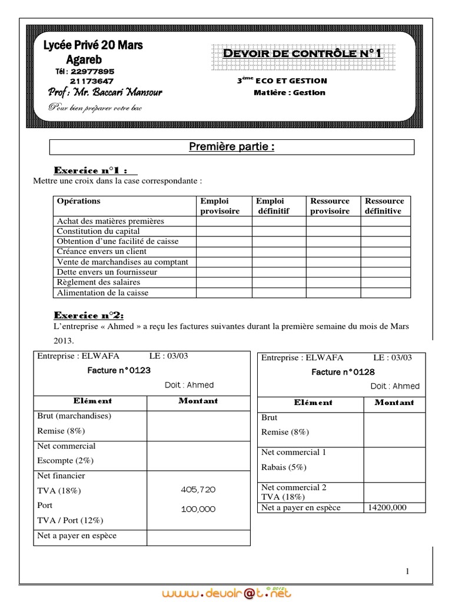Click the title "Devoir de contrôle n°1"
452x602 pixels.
point(303,54)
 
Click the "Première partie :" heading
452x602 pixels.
point(231,147)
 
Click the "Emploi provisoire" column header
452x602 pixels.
point(220,206)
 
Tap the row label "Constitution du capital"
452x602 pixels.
point(98,231)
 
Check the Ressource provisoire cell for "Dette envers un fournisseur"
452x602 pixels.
point(333,272)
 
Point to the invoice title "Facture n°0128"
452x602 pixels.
point(343,372)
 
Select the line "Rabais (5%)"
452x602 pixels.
point(284,467)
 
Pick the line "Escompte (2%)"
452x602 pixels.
point(65,460)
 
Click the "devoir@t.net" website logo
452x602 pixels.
point(226,591)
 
